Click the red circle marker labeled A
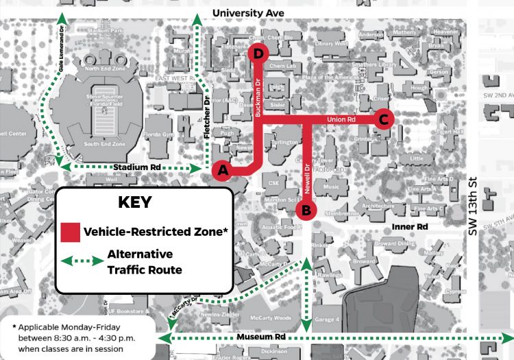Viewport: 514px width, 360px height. [221, 170]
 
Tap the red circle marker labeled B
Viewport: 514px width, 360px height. [306, 208]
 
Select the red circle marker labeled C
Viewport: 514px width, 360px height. [383, 119]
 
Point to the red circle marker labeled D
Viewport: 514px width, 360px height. [258, 53]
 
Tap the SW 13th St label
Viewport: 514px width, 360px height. [473, 205]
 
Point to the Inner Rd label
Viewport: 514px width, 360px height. [411, 226]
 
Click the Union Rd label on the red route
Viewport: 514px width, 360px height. [341, 119]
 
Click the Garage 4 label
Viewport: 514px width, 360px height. [326, 320]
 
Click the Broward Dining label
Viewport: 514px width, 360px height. [395, 243]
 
